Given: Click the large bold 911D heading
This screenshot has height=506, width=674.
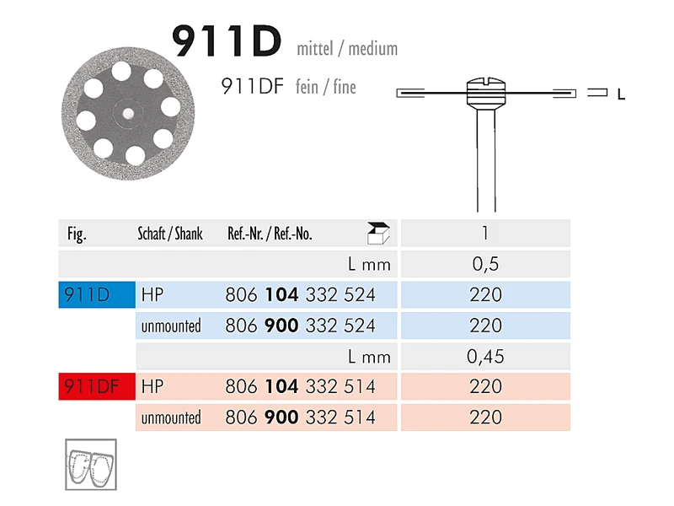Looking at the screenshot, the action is click(227, 40).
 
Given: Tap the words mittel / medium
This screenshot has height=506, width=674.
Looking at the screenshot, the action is click(347, 49).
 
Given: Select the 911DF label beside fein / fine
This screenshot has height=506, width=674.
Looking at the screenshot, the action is click(252, 87).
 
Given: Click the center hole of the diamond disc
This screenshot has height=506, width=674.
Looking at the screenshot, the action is click(128, 114).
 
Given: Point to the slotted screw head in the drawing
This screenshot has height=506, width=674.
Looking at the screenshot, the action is click(486, 91).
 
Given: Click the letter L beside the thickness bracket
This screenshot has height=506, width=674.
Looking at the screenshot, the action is click(621, 94).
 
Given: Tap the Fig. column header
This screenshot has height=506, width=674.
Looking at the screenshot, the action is click(77, 234).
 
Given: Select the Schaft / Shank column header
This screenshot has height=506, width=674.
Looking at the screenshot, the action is click(170, 234).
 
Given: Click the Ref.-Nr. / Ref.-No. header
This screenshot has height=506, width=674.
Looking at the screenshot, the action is click(270, 234).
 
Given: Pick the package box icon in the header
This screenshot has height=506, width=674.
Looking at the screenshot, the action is click(378, 234).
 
